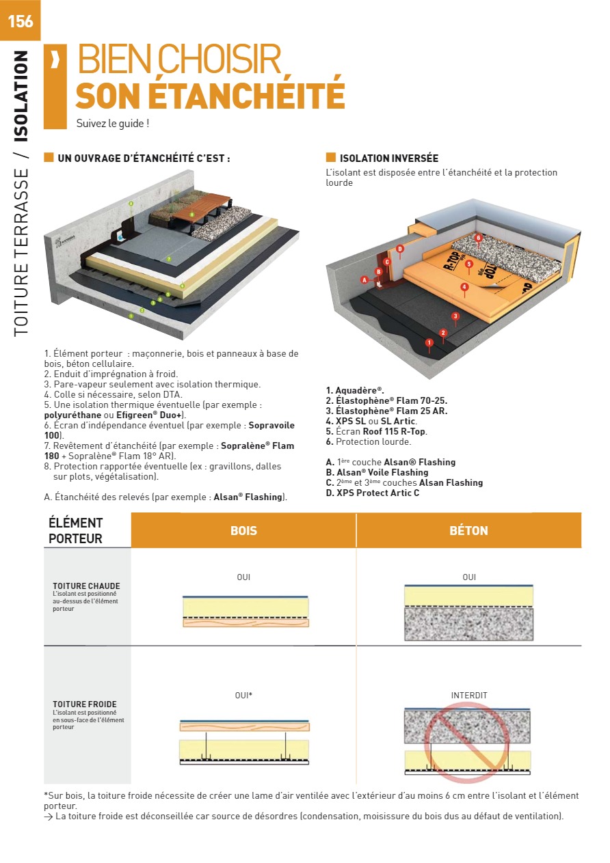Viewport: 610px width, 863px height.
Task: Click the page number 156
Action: coord(21,21)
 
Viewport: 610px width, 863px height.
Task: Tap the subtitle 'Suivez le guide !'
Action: coord(113,124)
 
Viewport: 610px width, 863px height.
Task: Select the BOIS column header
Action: coord(243,530)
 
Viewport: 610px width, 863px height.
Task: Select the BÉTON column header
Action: coord(468,530)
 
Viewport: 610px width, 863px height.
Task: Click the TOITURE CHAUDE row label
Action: coord(86,586)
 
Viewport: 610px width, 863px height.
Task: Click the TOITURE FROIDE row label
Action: coord(84,704)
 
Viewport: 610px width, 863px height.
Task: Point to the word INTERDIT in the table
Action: coord(469,696)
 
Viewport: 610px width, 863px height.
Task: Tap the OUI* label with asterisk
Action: coord(243,696)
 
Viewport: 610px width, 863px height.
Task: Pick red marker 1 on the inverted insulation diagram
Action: coord(429,342)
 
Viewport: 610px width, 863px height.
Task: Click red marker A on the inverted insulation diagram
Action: coord(364,279)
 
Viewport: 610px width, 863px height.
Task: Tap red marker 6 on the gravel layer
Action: coord(478,238)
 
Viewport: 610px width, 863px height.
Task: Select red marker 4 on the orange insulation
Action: coord(464,286)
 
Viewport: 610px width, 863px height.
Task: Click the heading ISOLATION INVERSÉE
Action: coord(388,159)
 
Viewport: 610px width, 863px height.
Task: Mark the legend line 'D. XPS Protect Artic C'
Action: coord(373,493)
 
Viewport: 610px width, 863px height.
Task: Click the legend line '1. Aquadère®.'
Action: coord(355,390)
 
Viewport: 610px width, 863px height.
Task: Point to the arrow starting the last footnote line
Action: coord(48,817)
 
